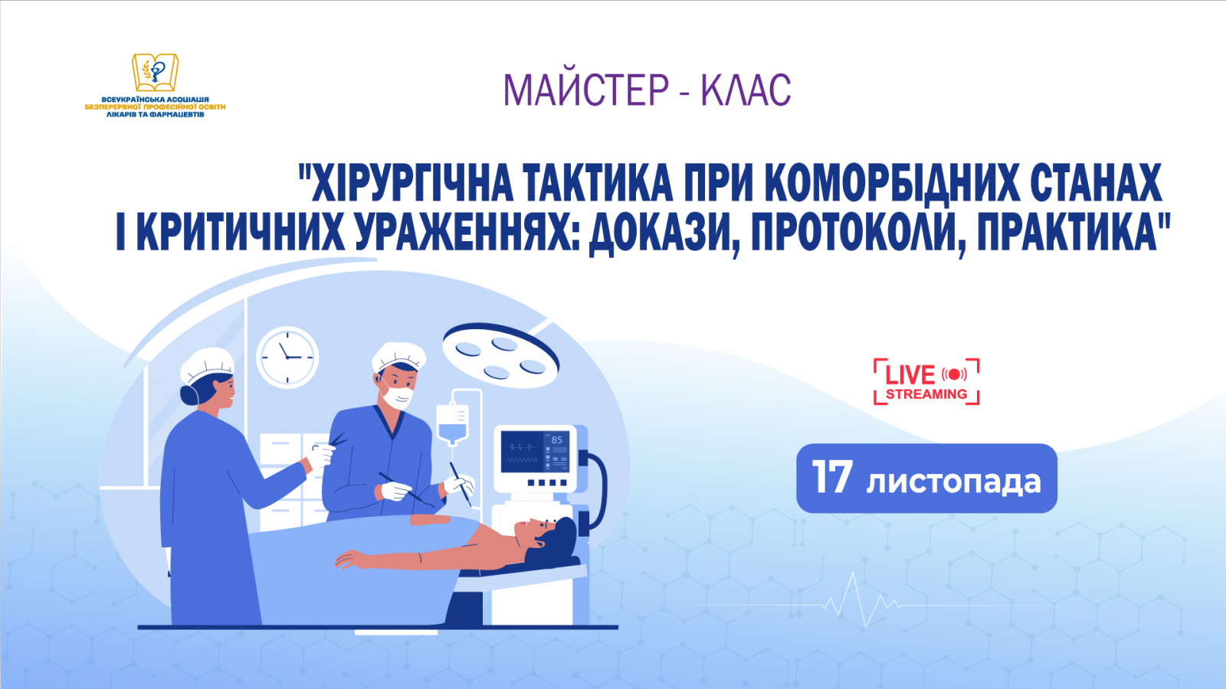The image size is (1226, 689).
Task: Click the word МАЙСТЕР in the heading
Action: (x=586, y=90)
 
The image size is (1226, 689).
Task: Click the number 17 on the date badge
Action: (x=831, y=478)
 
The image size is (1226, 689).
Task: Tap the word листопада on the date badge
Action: (x=953, y=482)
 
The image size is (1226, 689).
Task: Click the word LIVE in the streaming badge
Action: (x=910, y=375)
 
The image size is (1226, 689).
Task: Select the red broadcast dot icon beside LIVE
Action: (x=955, y=374)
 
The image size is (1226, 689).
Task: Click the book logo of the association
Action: (x=155, y=73)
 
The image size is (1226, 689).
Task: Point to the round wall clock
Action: (x=287, y=358)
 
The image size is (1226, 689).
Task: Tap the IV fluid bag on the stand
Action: (x=452, y=423)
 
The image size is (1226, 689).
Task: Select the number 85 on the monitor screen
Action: (x=557, y=440)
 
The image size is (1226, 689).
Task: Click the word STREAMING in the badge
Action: (x=926, y=394)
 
